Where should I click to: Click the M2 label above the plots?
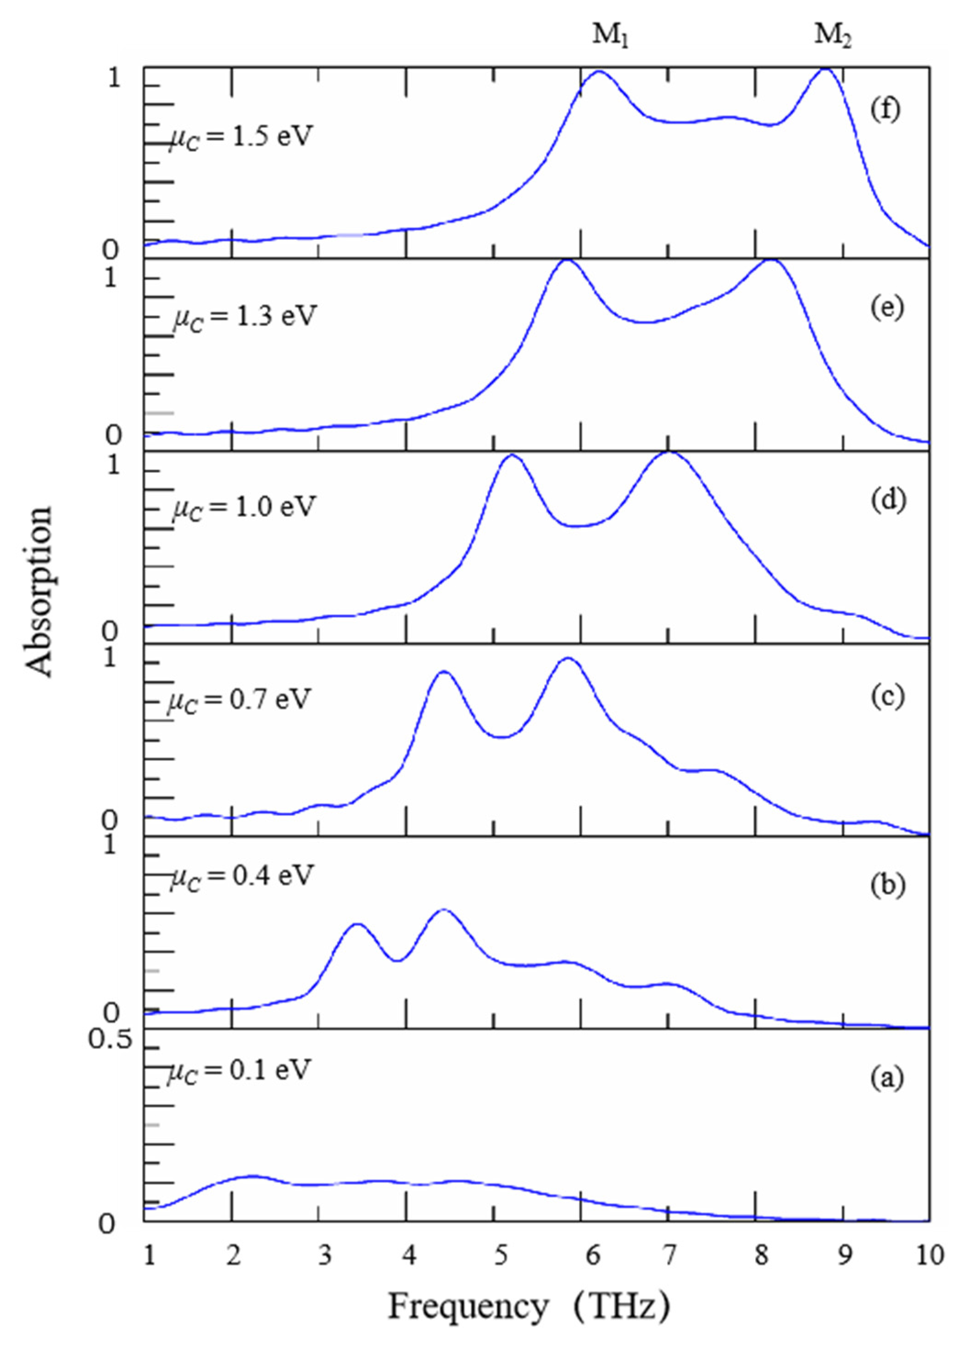click(833, 36)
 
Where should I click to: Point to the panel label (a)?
click(887, 1078)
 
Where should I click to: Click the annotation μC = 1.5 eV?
click(240, 138)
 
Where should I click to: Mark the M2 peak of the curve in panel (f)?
click(825, 69)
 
